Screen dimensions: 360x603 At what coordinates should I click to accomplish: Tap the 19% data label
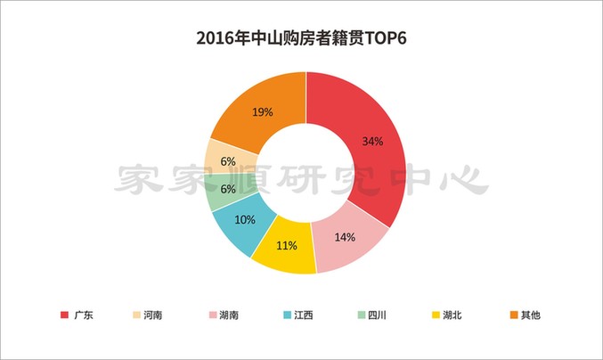261,112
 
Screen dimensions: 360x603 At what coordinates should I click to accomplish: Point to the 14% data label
345,237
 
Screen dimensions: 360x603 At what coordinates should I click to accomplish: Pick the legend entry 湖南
225,315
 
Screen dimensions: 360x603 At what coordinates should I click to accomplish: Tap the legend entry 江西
301,315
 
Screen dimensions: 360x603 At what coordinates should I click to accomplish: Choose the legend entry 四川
375,315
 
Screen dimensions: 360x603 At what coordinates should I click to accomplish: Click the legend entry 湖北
449,315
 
